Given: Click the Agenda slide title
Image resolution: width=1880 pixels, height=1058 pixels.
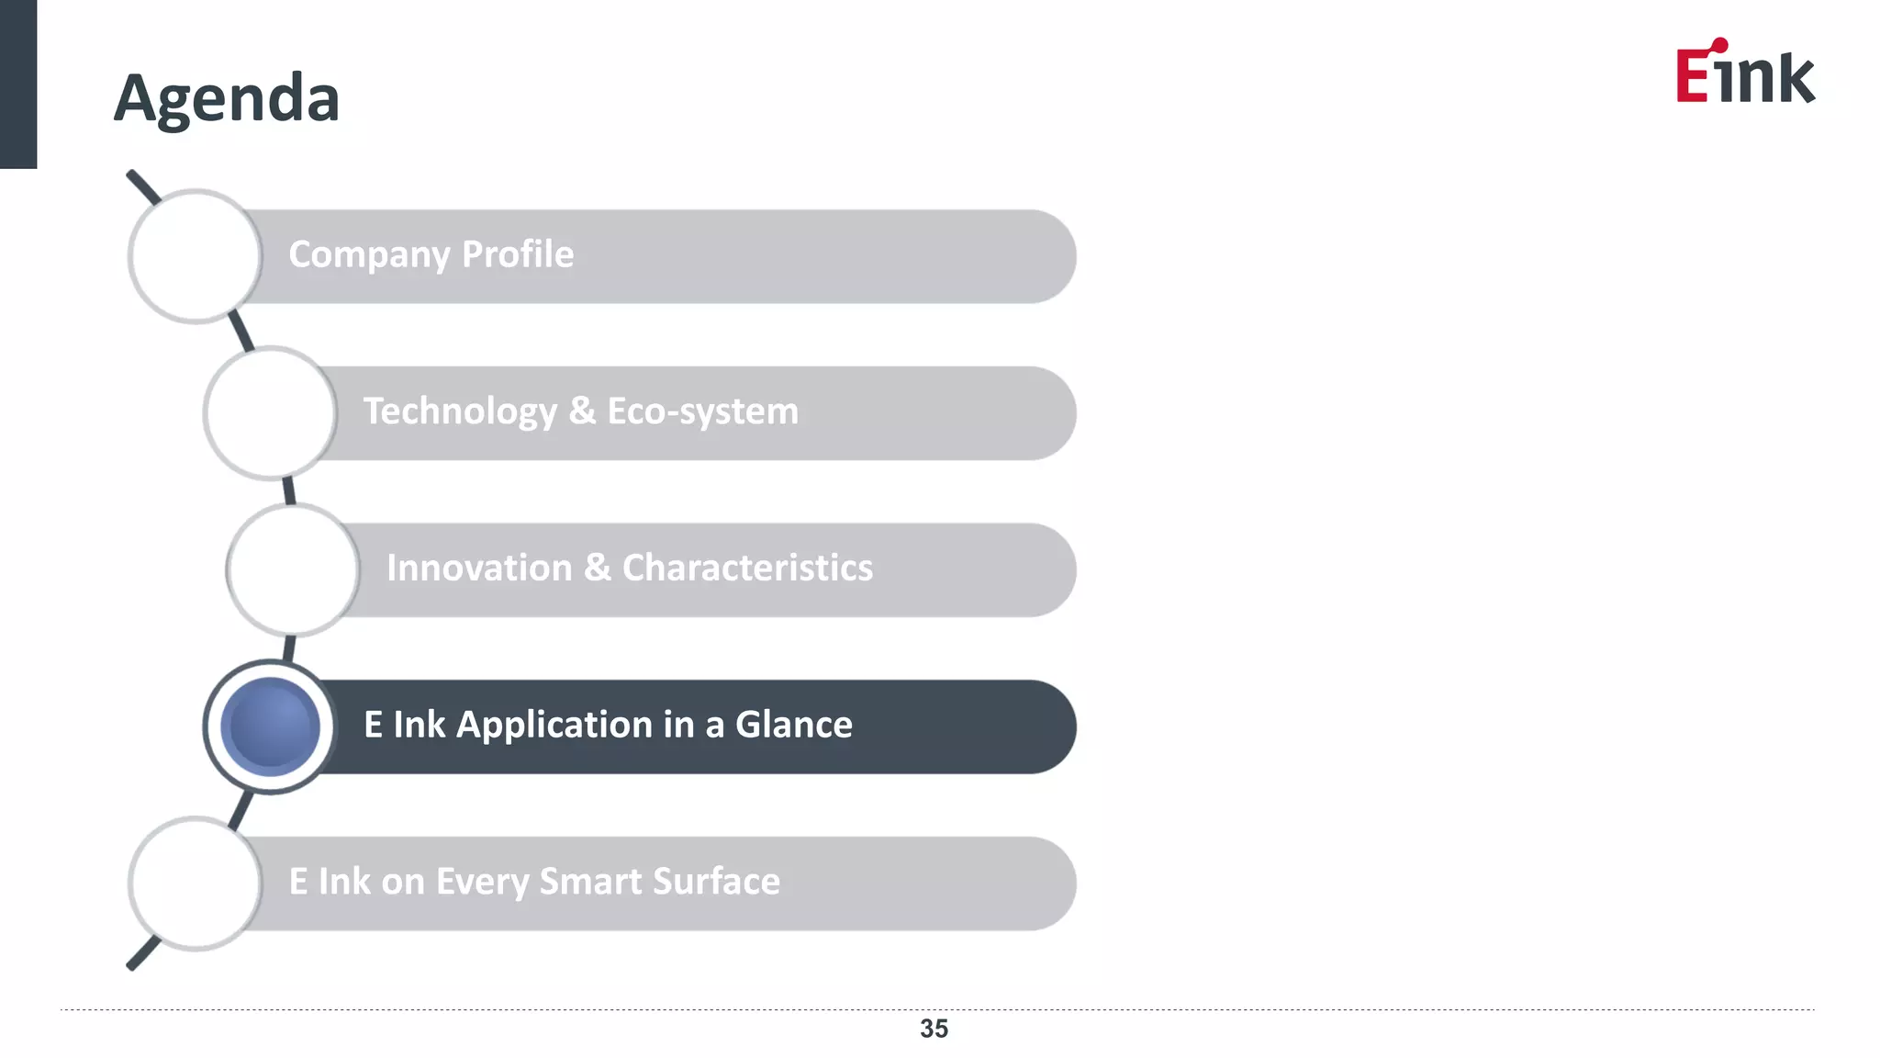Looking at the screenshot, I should pos(227,97).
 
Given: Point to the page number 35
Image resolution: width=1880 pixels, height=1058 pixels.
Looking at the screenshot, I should pos(934,1029).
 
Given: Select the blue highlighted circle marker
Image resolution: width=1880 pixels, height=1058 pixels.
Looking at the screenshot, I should pos(270,726).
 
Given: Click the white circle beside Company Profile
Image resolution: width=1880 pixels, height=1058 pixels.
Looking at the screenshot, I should pos(196,256).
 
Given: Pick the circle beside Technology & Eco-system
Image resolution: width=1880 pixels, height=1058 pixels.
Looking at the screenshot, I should pos(270,413).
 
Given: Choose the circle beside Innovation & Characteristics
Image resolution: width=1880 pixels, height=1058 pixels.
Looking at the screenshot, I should pos(293,569).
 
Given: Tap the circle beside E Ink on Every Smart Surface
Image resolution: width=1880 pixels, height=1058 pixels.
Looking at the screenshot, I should pos(196,884).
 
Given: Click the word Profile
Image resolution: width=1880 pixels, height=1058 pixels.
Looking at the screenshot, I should pos(518,254).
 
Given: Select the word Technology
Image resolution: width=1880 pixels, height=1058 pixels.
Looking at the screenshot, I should pos(460,412).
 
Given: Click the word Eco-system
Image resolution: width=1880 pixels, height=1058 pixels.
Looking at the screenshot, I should pos(702,412).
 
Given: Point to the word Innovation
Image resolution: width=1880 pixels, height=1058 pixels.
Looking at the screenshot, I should pos(479,568).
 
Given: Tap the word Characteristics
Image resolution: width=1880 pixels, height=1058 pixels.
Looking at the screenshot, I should pos(747,568).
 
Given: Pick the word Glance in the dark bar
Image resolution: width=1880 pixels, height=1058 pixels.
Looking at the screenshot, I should pos(793,725).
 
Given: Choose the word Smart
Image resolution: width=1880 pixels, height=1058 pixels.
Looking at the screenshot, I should pos(592,882).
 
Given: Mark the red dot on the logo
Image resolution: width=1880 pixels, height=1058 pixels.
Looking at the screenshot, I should pos(1720,45).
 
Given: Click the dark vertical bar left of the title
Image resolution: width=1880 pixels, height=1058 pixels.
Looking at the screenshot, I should pos(18,84).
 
